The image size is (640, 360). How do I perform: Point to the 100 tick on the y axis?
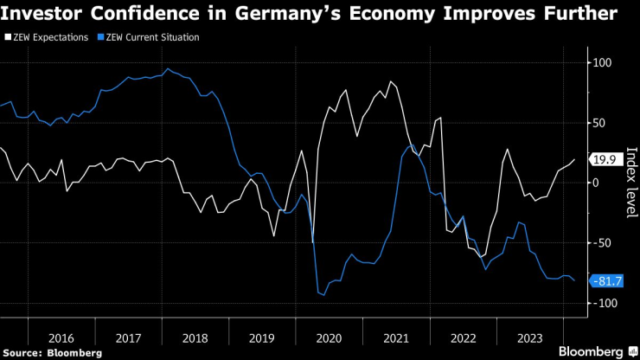[x=599, y=63]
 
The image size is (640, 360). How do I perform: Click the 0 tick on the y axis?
[x=594, y=183]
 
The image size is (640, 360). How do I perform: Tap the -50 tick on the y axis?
[x=598, y=242]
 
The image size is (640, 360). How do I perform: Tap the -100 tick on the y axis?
[x=601, y=302]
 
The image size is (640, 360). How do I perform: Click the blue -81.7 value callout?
[x=605, y=280]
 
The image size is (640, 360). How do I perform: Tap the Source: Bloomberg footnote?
[x=52, y=352]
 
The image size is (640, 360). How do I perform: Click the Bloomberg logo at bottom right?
[x=596, y=351]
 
